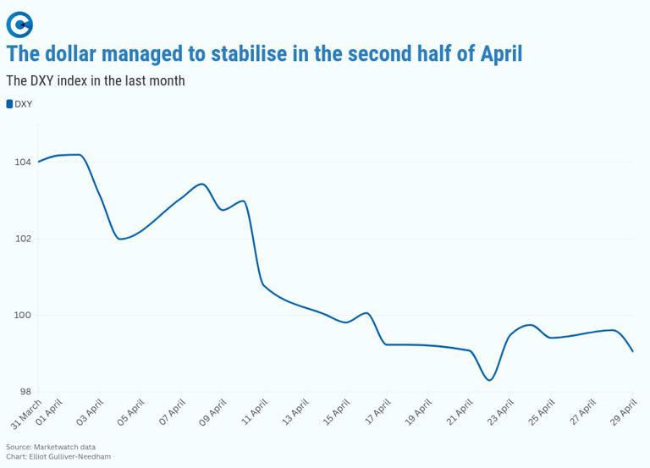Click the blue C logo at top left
19,25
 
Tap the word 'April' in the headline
501,54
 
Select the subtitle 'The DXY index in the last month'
96,81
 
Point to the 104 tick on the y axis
22,162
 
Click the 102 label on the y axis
22,239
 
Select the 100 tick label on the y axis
22,315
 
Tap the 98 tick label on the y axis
25,392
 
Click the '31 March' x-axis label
26,413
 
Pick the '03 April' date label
90,412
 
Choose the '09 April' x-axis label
212,412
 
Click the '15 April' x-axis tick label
336,412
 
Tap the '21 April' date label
459,412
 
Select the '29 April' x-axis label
624,412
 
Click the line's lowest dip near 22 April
489,380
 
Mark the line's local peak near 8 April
201,184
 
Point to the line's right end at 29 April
633,351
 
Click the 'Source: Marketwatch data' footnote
51,447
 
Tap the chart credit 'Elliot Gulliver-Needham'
69,457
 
